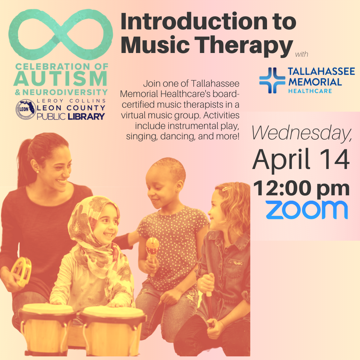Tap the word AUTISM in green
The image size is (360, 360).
(x=61, y=79)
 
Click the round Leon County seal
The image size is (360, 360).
(x=26, y=109)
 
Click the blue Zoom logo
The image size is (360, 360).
(x=307, y=210)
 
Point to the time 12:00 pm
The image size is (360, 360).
(x=301, y=189)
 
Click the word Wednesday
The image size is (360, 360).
(x=302, y=133)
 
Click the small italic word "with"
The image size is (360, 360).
(x=302, y=54)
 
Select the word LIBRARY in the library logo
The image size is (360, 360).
(x=86, y=116)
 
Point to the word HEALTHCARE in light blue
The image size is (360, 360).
(x=310, y=91)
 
